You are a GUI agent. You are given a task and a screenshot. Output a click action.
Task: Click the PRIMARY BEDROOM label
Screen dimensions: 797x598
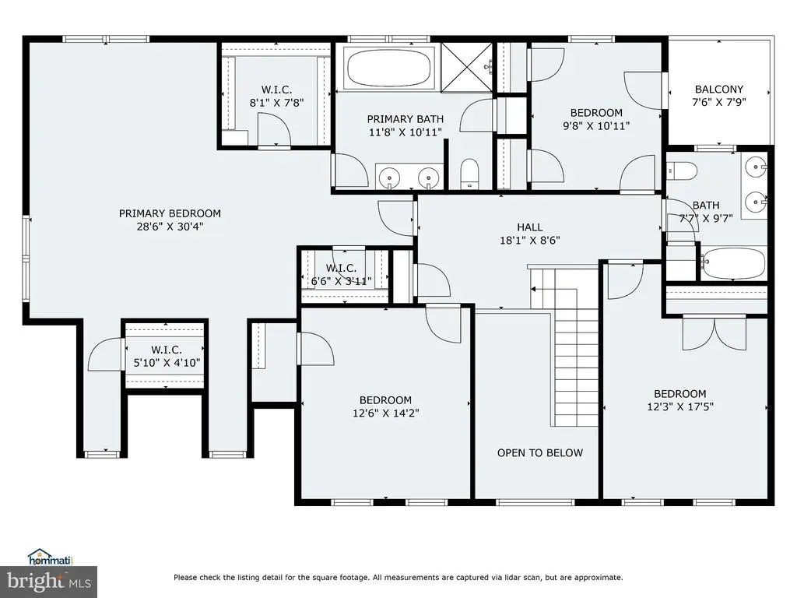click(x=170, y=213)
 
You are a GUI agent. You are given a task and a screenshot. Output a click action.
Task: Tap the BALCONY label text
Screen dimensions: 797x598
click(x=718, y=89)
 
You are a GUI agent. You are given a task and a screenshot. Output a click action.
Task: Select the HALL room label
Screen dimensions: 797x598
click(x=529, y=227)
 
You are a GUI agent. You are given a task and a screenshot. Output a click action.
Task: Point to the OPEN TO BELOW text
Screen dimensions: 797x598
click(x=540, y=452)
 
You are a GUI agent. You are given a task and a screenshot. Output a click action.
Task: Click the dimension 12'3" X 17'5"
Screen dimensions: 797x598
click(x=680, y=406)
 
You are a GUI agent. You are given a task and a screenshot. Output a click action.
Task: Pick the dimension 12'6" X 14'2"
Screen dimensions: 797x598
click(x=386, y=413)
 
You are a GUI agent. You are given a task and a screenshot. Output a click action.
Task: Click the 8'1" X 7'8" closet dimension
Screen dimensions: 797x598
click(x=276, y=103)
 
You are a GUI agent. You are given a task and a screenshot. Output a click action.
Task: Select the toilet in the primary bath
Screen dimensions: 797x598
click(x=469, y=174)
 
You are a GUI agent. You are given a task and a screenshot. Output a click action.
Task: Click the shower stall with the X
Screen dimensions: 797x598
click(x=466, y=68)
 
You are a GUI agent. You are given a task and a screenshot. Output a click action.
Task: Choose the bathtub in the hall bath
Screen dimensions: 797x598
click(x=733, y=263)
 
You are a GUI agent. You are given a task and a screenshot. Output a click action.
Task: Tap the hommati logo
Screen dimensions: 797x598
click(x=51, y=558)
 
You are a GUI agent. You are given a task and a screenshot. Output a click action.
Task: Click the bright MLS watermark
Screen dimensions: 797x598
click(x=49, y=582)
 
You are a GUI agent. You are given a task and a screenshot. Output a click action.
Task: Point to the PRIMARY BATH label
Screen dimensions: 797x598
click(x=405, y=119)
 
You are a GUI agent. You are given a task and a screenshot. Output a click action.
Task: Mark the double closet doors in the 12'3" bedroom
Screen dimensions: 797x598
click(x=715, y=333)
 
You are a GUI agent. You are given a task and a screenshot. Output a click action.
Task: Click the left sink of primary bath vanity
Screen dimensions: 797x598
click(x=389, y=178)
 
